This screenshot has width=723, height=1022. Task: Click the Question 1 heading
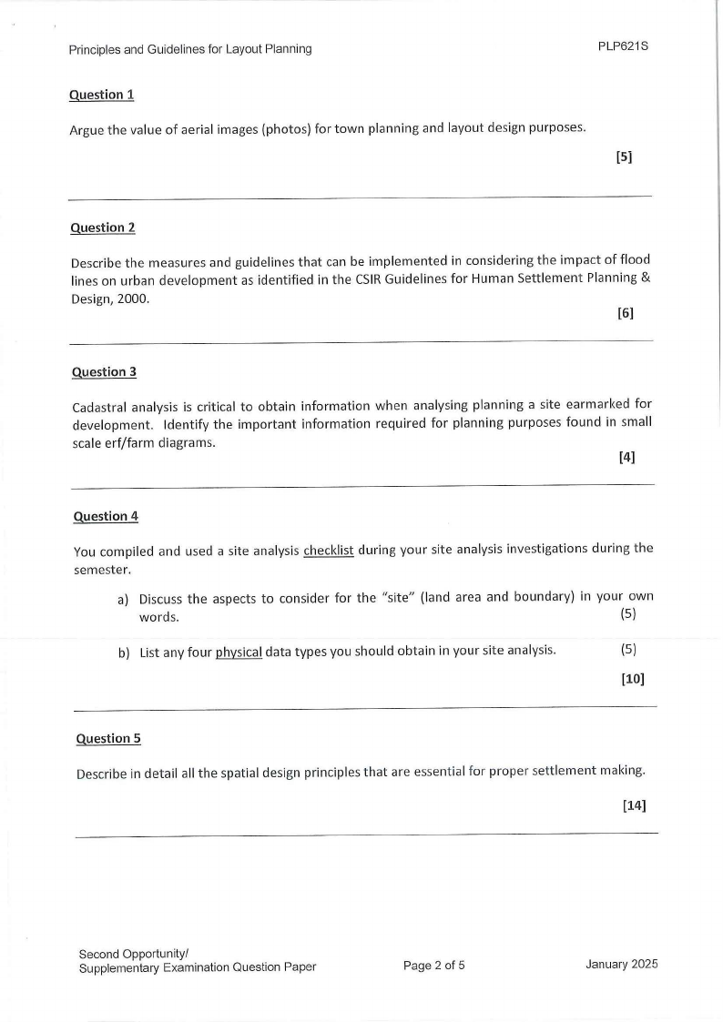(x=101, y=95)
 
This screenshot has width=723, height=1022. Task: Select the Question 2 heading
(x=102, y=228)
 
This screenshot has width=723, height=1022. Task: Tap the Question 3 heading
(x=104, y=371)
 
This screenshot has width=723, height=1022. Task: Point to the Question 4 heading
(x=106, y=516)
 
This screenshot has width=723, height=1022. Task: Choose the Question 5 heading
(x=108, y=738)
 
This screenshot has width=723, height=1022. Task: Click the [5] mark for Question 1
(x=624, y=157)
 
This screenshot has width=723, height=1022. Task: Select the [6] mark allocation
(x=625, y=313)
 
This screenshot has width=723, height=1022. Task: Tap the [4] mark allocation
(x=626, y=458)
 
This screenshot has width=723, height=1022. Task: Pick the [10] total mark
(x=632, y=678)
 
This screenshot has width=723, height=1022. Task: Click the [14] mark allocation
(x=634, y=804)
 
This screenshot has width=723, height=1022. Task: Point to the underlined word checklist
(x=328, y=550)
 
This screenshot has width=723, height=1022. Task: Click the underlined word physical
(x=239, y=651)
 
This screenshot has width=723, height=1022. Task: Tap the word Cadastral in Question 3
(x=101, y=406)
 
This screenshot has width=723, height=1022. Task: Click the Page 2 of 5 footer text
(x=433, y=966)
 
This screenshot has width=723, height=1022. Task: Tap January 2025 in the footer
(x=622, y=965)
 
